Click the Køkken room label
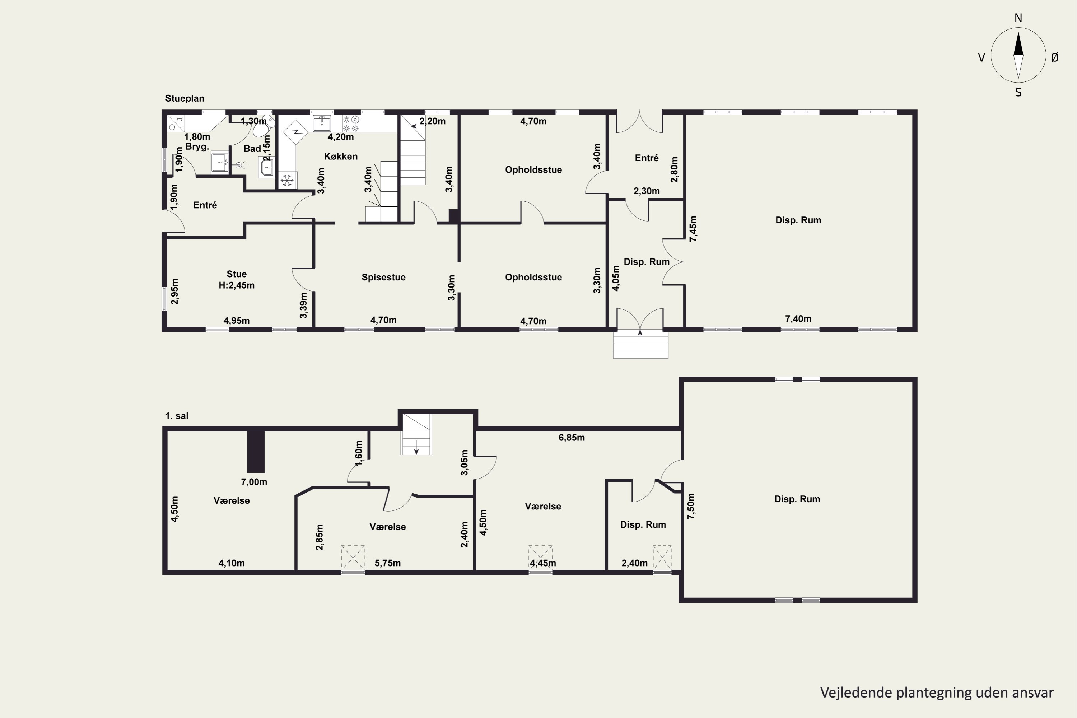pos(341,156)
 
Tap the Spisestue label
pos(383,277)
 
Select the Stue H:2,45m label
pos(236,279)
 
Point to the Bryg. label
pos(197,147)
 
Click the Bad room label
pos(252,148)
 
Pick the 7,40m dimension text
pos(798,319)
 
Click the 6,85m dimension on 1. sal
pos(572,437)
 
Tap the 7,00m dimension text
pos(254,482)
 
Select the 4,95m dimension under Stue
pos(236,321)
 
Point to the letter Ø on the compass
pos(1055,57)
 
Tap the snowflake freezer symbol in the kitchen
pos(287,181)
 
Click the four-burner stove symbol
pos(351,123)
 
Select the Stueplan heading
pos(185,98)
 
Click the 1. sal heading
pos(177,416)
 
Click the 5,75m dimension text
pos(387,563)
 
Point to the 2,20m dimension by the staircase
pos(432,121)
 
